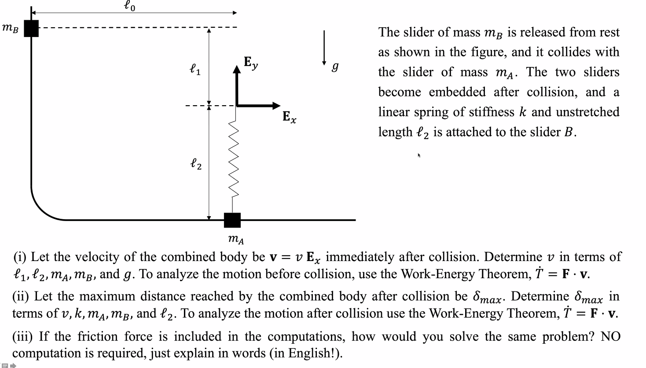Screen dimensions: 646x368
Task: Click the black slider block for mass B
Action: coord(31,28)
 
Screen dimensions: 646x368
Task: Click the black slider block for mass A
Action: coord(232,220)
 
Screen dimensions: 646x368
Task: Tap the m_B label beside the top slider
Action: coord(11,29)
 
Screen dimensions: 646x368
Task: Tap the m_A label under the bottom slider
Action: coord(236,239)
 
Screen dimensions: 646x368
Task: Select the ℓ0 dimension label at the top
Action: coord(129,6)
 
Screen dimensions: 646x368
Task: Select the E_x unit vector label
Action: coord(289,117)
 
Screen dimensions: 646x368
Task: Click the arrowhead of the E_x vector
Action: coord(276,106)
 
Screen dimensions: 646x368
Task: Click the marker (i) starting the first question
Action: coord(20,257)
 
